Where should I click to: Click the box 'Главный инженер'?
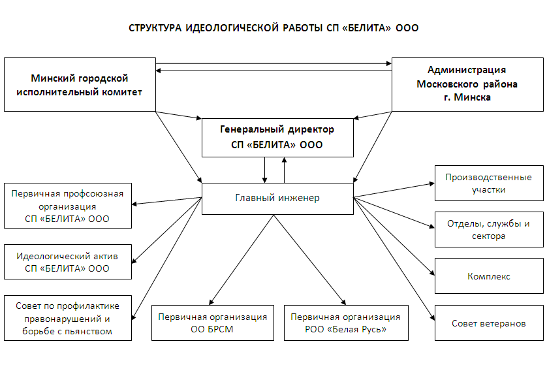tap(277, 198)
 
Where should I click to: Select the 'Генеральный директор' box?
tap(277, 137)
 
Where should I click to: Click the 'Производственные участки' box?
tap(488, 183)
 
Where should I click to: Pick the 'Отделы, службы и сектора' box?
tap(488, 229)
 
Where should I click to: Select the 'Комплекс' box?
tap(488, 276)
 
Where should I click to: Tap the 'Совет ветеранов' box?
tap(488, 323)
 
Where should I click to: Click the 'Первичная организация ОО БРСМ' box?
tap(213, 323)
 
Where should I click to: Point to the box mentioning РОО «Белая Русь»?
tap(346, 323)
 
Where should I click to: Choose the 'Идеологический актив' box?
tap(67, 262)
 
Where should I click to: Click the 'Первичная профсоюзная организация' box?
tap(67, 206)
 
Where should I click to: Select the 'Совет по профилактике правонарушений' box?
tap(67, 317)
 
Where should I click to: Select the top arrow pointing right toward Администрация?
tap(274, 64)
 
